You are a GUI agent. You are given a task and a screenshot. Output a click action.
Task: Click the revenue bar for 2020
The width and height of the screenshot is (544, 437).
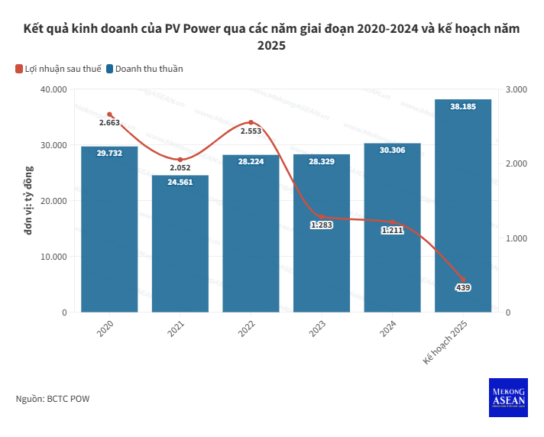(109, 229)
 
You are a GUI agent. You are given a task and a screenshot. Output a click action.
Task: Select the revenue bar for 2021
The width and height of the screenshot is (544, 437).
(180, 244)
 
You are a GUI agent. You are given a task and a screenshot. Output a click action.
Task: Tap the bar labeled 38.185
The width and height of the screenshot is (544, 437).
(463, 206)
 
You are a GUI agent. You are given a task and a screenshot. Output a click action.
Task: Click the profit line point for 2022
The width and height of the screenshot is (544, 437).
(251, 122)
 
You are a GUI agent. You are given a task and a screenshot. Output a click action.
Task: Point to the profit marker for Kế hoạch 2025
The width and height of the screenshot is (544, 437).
(463, 280)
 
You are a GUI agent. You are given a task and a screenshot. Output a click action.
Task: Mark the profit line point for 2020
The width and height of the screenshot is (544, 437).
(109, 115)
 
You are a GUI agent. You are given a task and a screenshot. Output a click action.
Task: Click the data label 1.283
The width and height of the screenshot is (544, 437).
(322, 225)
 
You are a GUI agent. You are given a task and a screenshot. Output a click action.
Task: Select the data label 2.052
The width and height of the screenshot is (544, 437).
(180, 167)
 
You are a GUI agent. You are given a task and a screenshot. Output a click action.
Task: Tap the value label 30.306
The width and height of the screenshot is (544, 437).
(392, 151)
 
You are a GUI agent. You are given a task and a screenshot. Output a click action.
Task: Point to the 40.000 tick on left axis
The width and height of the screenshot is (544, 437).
(53, 89)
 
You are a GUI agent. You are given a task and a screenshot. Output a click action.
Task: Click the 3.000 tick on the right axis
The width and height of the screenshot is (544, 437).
(517, 89)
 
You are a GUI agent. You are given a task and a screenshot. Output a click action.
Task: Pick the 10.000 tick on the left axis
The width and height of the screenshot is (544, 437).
(53, 257)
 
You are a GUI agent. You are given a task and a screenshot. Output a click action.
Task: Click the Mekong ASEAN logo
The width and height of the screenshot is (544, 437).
(508, 397)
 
